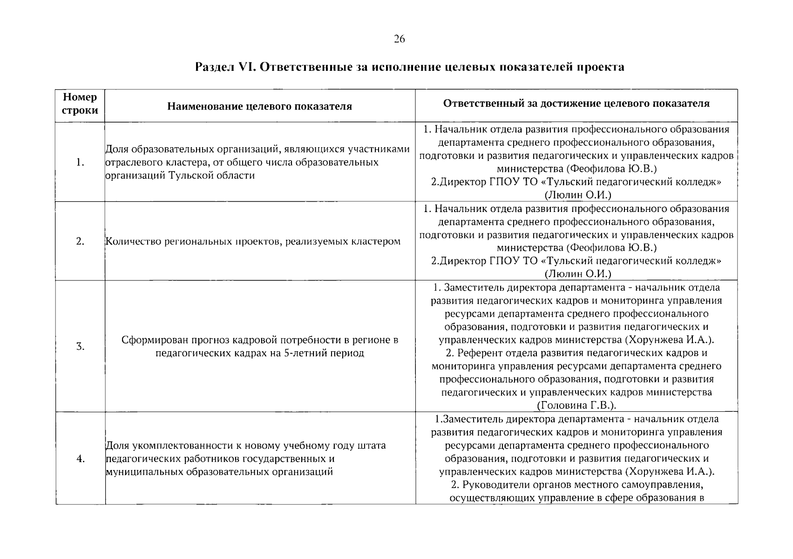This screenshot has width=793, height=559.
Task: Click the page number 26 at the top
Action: pos(399,39)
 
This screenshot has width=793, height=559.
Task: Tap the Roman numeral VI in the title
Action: pos(244,67)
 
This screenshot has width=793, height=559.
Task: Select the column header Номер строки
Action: pos(80,104)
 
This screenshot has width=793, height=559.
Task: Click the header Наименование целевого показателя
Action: pos(259,106)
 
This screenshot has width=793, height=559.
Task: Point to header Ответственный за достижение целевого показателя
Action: pos(576,103)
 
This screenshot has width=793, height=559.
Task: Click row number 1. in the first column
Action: pos(80,162)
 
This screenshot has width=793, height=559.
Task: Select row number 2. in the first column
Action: pos(80,241)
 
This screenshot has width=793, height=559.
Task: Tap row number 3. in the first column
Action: pos(80,347)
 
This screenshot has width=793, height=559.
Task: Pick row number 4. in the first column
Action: pos(80,459)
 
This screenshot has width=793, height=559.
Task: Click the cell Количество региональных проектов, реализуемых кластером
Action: pos(253,241)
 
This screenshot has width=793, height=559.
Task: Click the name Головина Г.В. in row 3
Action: pos(576,405)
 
